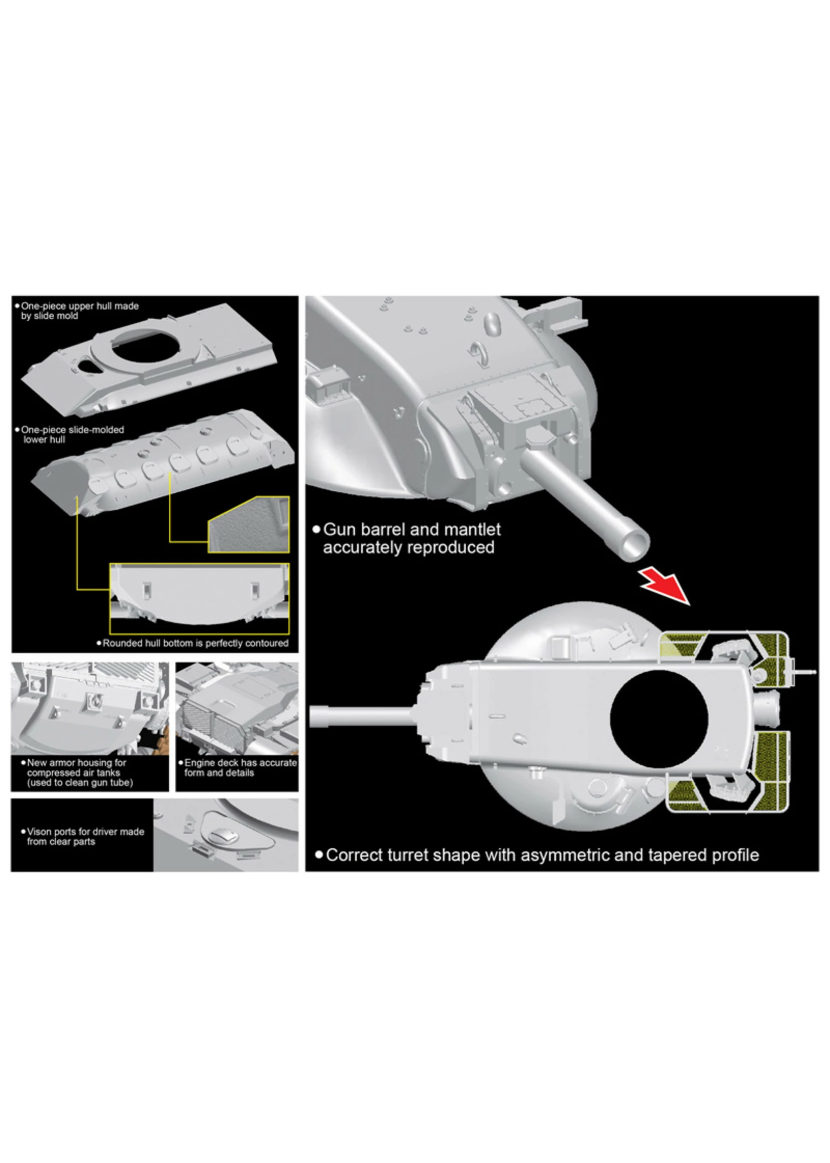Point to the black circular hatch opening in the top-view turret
tap(659, 719)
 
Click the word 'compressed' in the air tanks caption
tap(49, 773)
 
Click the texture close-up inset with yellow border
tap(248, 525)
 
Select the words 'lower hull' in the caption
tap(44, 439)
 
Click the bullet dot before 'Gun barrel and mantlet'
tap(317, 530)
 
